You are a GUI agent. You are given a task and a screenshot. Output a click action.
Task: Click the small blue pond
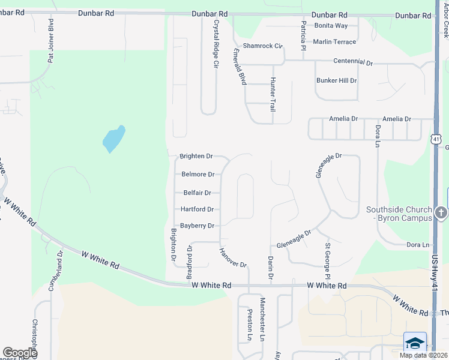pyautogui.click(x=113, y=139)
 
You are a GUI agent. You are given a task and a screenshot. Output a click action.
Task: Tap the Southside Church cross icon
pyautogui.click(x=441, y=212)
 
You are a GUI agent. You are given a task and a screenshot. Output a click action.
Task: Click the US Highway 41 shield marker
pyautogui.click(x=435, y=139)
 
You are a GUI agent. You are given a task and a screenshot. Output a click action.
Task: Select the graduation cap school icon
pyautogui.click(x=414, y=342)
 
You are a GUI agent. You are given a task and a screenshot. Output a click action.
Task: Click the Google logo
pyautogui.click(x=19, y=353)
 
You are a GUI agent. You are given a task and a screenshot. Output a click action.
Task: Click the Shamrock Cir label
pyautogui.click(x=262, y=46)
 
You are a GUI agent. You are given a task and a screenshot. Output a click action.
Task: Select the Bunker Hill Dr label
pyautogui.click(x=336, y=80)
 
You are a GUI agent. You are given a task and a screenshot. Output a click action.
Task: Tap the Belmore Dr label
pyautogui.click(x=197, y=175)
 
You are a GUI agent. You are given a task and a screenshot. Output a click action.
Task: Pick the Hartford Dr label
pyautogui.click(x=197, y=209)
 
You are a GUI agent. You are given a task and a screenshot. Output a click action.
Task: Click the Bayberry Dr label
pyautogui.click(x=197, y=226)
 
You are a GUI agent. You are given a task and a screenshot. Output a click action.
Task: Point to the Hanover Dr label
pyautogui.click(x=233, y=257)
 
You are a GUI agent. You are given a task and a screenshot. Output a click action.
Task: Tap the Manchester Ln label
pyautogui.click(x=262, y=319)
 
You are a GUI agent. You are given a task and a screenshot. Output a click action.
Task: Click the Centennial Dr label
pyautogui.click(x=353, y=62)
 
